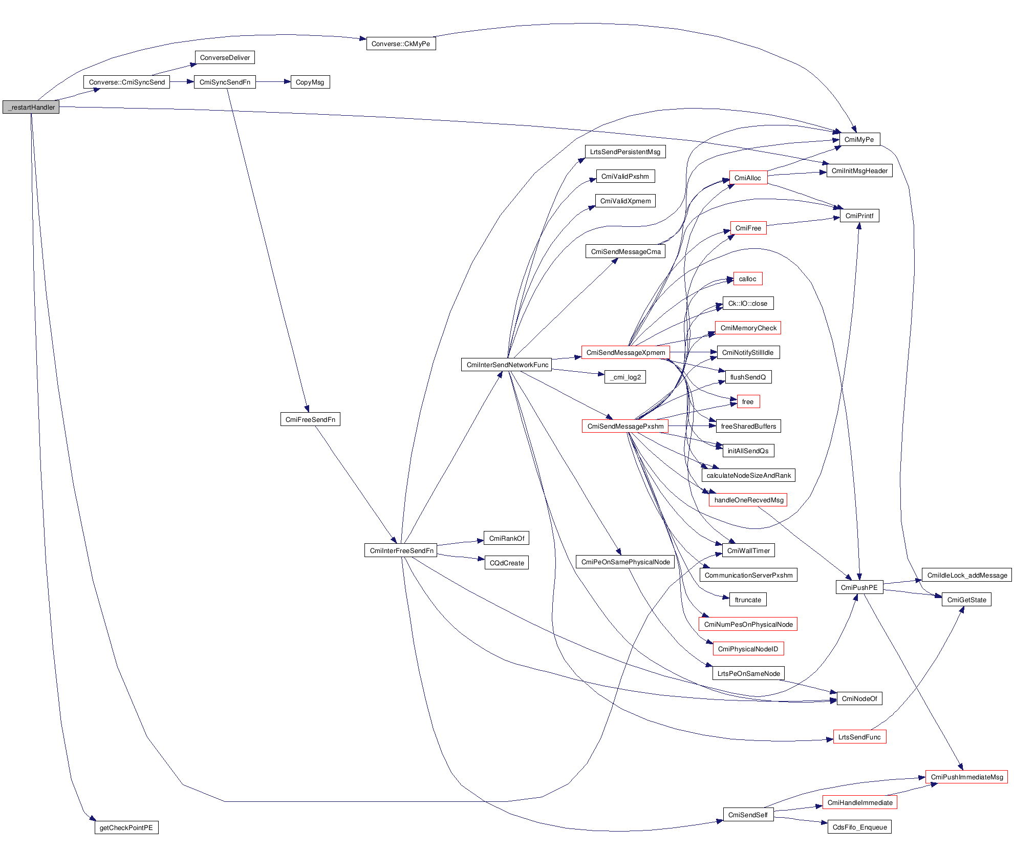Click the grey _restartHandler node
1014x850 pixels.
[x=31, y=107]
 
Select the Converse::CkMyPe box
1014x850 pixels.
[x=401, y=44]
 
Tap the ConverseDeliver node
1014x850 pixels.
[x=225, y=57]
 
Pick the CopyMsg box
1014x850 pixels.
[x=310, y=82]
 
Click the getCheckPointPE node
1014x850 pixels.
[x=126, y=827]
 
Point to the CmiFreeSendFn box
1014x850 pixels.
[x=310, y=419]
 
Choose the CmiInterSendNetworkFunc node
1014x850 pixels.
[x=507, y=365]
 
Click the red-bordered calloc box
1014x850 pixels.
[x=747, y=279]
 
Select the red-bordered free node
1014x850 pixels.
[x=748, y=401]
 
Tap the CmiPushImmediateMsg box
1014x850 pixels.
[x=966, y=777]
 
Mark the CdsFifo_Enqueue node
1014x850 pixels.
[x=859, y=827]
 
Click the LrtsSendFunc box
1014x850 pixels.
[x=859, y=737]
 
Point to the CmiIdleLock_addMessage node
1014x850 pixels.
[x=966, y=575]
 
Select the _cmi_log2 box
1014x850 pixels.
[x=625, y=377]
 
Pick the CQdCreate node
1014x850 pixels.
[x=506, y=563]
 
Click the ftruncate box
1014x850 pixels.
[x=748, y=600]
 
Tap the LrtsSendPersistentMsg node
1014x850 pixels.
[x=625, y=152]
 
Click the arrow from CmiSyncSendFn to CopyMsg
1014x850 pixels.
[x=273, y=82]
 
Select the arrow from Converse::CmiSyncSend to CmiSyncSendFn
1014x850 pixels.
[x=182, y=82]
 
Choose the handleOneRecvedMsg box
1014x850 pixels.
[x=748, y=500]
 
